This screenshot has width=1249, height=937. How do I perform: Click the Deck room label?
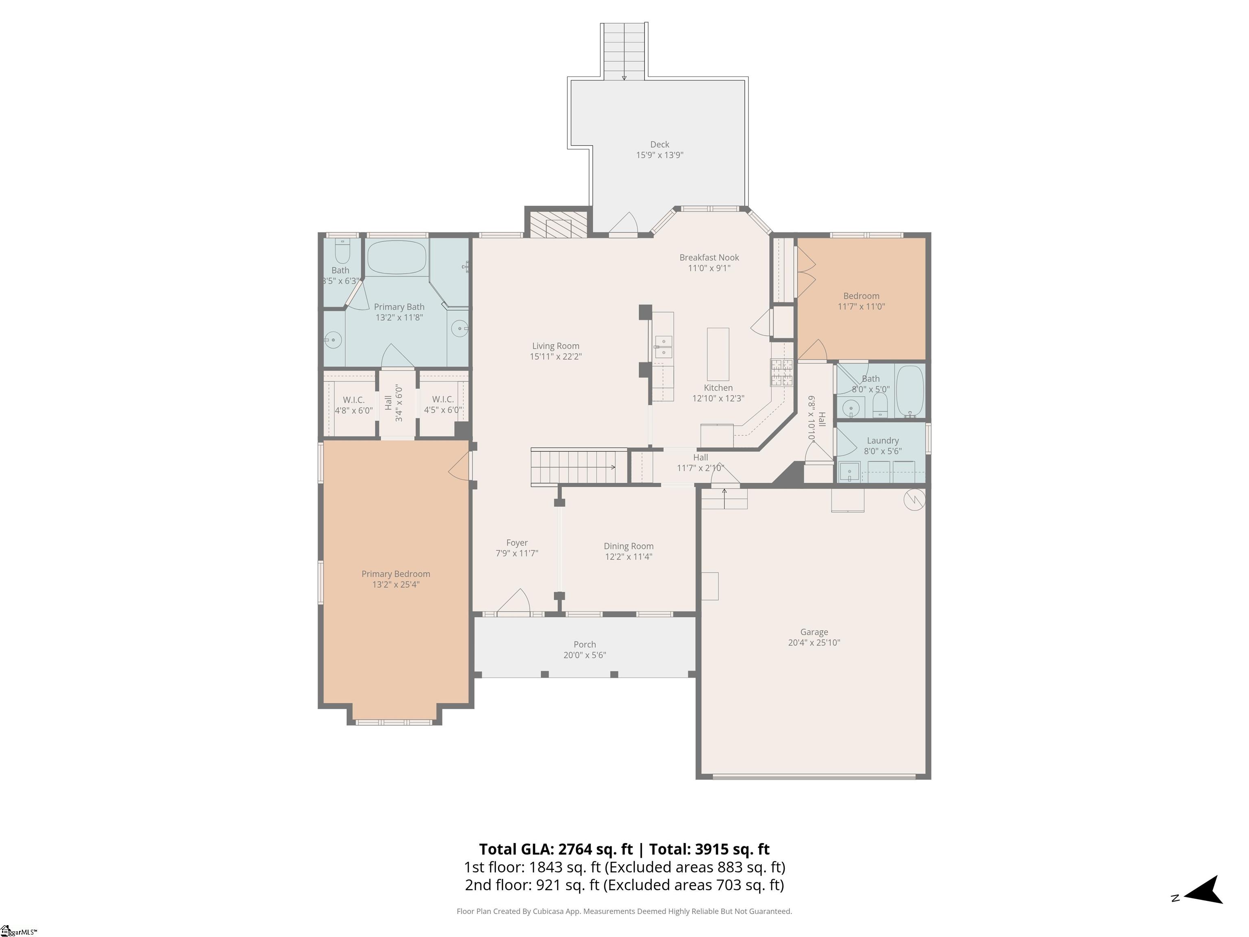pos(659,145)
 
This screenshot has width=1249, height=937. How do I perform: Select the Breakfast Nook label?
pos(709,257)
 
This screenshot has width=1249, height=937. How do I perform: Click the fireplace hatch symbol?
pos(559,228)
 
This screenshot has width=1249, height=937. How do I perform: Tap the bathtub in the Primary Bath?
pos(396,257)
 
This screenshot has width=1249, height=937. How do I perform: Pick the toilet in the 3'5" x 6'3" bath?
pos(342,251)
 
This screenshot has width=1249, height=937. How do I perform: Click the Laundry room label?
pos(883,440)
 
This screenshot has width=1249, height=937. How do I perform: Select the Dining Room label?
pos(629,546)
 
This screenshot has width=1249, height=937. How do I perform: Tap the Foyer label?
pos(517,543)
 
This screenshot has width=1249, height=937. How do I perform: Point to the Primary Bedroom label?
pos(396,574)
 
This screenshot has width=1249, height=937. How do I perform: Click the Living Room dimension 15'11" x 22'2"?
pos(556,356)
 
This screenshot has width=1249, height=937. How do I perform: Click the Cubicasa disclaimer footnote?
pos(624,911)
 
